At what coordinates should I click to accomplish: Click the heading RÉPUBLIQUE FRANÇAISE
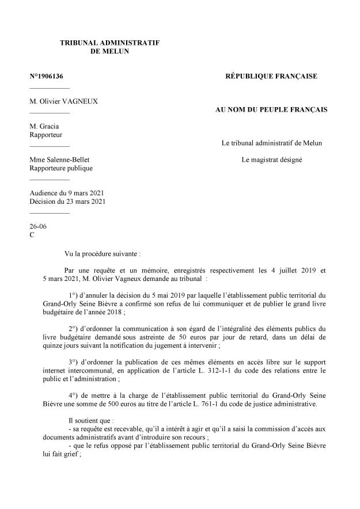tap(271, 76)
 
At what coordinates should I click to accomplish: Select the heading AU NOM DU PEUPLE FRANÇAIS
tap(271, 109)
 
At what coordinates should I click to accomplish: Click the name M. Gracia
tap(44, 126)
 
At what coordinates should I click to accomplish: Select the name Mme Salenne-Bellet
tap(59, 159)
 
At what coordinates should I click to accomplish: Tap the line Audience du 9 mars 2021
tap(66, 193)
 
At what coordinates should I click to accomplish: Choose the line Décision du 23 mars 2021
tap(67, 202)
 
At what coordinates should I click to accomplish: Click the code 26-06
tap(37, 226)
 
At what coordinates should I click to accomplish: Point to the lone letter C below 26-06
tap(32, 235)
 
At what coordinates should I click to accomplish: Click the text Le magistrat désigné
tap(271, 159)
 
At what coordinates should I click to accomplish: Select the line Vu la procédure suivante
tap(103, 253)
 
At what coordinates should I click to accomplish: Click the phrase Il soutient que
tap(90, 421)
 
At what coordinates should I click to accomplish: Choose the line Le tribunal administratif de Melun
tap(271, 143)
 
